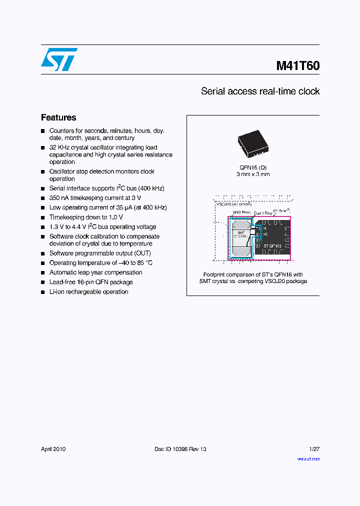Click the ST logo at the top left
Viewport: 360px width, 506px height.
59,59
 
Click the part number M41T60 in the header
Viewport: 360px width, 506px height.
297,66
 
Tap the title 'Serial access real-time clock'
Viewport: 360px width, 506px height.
260,91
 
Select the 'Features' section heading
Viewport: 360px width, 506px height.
58,117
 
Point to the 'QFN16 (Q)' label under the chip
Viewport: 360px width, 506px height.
253,167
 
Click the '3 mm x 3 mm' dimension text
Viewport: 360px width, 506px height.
253,174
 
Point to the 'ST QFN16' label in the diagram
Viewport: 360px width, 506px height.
272,246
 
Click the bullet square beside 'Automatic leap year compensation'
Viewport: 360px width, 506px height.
43,273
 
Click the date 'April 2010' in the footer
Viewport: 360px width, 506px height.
53,449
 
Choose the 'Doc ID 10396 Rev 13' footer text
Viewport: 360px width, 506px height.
180,449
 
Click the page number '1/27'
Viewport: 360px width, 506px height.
314,449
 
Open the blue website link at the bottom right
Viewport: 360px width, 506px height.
308,459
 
